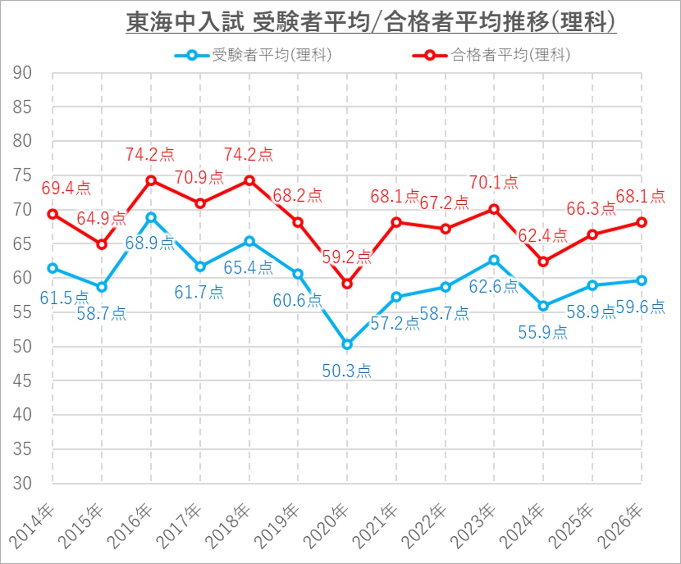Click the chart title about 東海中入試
point(371,22)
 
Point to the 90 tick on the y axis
point(22,73)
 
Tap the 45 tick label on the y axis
point(22,381)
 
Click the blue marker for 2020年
point(347,344)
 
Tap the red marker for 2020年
point(347,284)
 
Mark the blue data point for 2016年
point(151,217)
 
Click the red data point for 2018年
point(249,180)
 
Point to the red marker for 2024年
point(543,261)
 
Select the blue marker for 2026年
point(641,281)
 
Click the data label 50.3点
point(346,371)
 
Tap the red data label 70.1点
point(494,182)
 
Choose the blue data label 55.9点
point(543,332)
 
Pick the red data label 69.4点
point(66,188)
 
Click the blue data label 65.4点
point(248,268)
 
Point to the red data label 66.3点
point(591,209)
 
